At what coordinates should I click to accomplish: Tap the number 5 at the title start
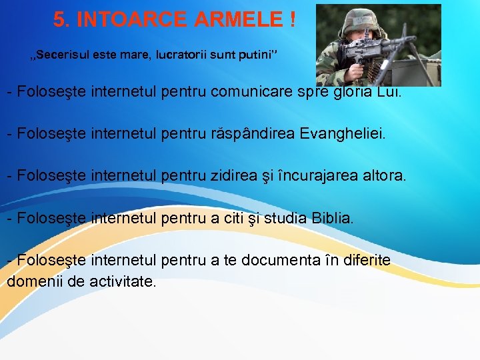(61, 20)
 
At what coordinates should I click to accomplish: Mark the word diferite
(366, 260)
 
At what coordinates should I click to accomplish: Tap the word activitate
(121, 281)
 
